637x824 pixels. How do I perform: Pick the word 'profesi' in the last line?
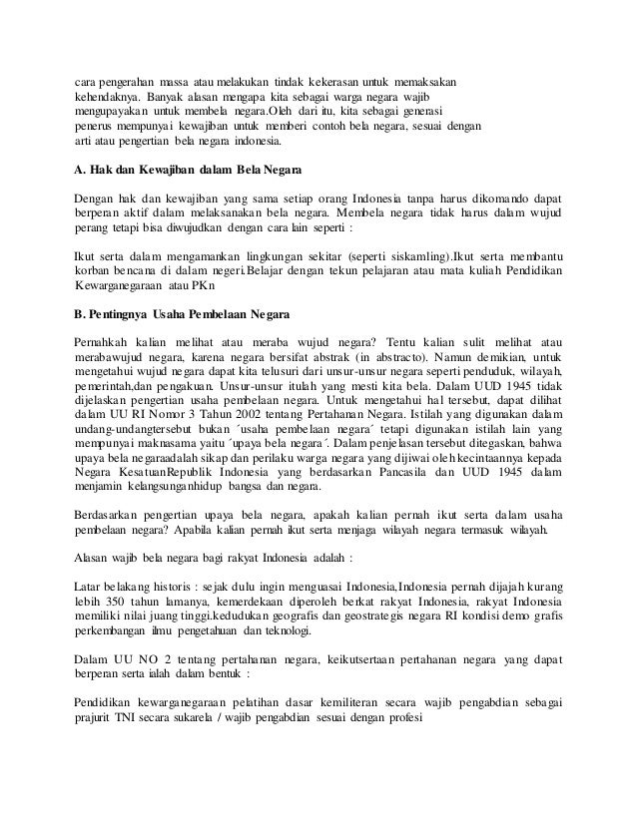pyautogui.click(x=404, y=718)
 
